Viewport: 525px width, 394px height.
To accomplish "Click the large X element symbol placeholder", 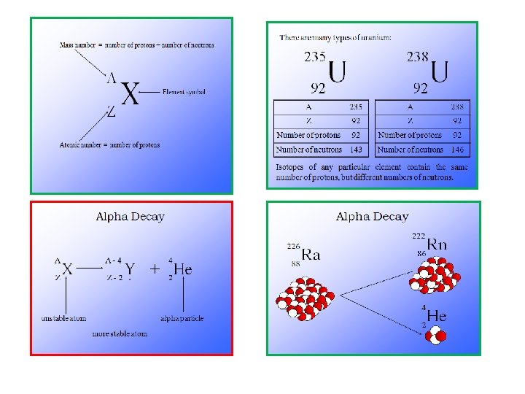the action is pos(129,94).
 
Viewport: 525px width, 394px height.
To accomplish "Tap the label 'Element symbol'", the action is pos(184,92).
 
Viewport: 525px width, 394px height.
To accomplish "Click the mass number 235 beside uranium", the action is pos(315,57).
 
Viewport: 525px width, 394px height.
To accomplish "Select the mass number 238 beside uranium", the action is pos(417,57).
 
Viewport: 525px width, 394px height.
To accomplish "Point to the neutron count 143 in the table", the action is pos(356,150).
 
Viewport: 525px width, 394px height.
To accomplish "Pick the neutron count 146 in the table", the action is pos(457,150).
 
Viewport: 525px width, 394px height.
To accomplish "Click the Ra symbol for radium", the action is pos(311,255).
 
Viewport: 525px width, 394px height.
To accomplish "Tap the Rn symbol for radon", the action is pos(437,244).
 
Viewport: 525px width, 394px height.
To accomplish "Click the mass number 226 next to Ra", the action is pos(293,245).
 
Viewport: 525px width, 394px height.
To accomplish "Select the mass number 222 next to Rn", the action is pos(419,236).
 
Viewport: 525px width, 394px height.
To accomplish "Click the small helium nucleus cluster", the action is pos(438,335).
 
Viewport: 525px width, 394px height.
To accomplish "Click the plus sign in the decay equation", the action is pos(155,269).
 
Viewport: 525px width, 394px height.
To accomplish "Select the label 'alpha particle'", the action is pos(182,318).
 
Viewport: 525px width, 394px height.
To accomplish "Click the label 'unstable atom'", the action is pos(63,318).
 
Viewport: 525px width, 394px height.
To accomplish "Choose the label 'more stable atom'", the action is pos(120,333).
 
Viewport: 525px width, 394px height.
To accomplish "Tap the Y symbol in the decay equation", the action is pos(129,269).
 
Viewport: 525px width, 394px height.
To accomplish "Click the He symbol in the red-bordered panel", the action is pos(182,269).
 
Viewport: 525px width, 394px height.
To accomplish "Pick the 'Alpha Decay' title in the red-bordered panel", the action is pos(131,217).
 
